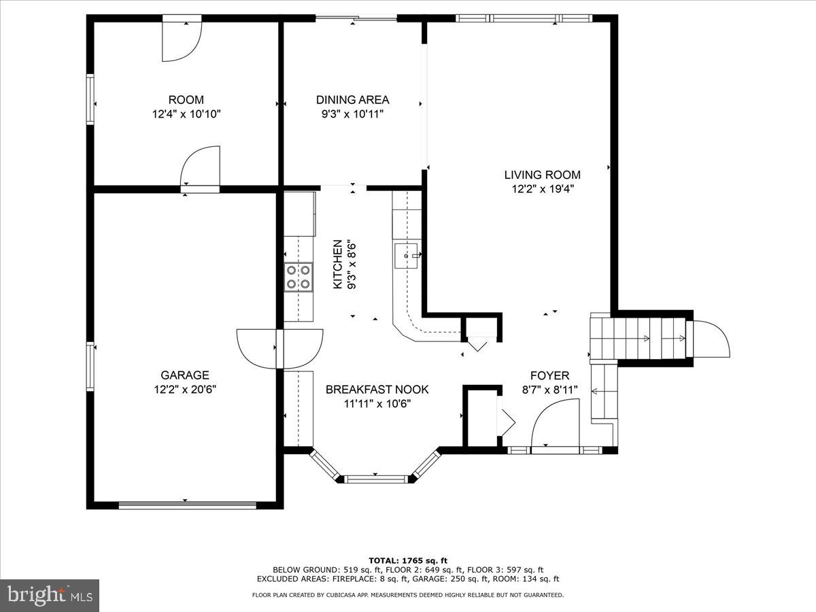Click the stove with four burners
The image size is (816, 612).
click(x=298, y=277)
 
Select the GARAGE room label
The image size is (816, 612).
click(x=184, y=375)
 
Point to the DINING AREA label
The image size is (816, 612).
click(x=353, y=100)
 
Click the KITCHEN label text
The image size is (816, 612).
click(x=337, y=264)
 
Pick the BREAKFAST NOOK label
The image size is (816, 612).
click(x=377, y=390)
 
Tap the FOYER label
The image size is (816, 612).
click(x=550, y=375)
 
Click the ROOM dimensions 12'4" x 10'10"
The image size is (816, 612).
click(x=186, y=115)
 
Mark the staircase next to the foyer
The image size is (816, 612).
click(x=639, y=338)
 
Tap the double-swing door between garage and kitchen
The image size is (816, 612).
click(x=279, y=348)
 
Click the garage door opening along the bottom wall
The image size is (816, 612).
click(x=187, y=505)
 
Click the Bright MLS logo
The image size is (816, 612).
click(x=50, y=595)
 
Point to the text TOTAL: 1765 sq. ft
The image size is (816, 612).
click(x=408, y=560)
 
